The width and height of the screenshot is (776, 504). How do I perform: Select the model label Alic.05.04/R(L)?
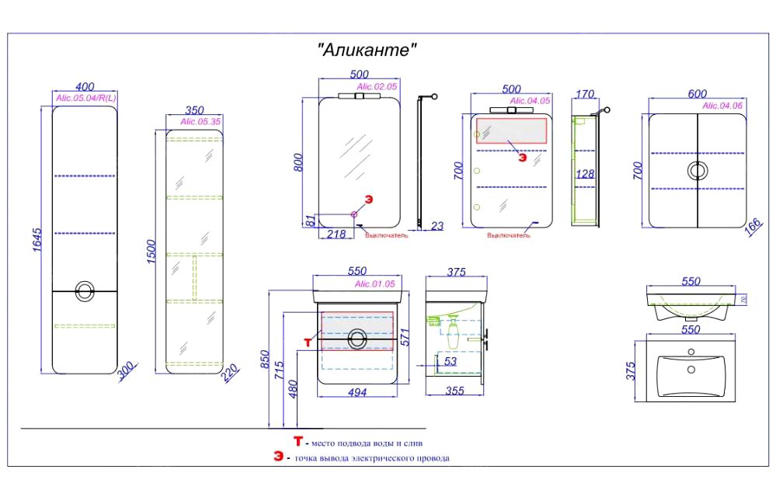85,98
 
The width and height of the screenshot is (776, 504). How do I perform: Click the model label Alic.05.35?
200,122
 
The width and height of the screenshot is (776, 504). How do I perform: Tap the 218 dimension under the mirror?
336,232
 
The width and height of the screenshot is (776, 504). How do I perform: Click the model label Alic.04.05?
530,101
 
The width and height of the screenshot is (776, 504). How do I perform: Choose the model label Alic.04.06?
722,106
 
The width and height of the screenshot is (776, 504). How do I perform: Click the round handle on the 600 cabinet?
698,171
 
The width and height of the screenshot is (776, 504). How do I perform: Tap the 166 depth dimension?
753,225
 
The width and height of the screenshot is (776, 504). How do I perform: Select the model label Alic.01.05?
374,284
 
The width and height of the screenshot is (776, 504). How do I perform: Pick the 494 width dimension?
356,392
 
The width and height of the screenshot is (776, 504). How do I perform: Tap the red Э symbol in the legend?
278,457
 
